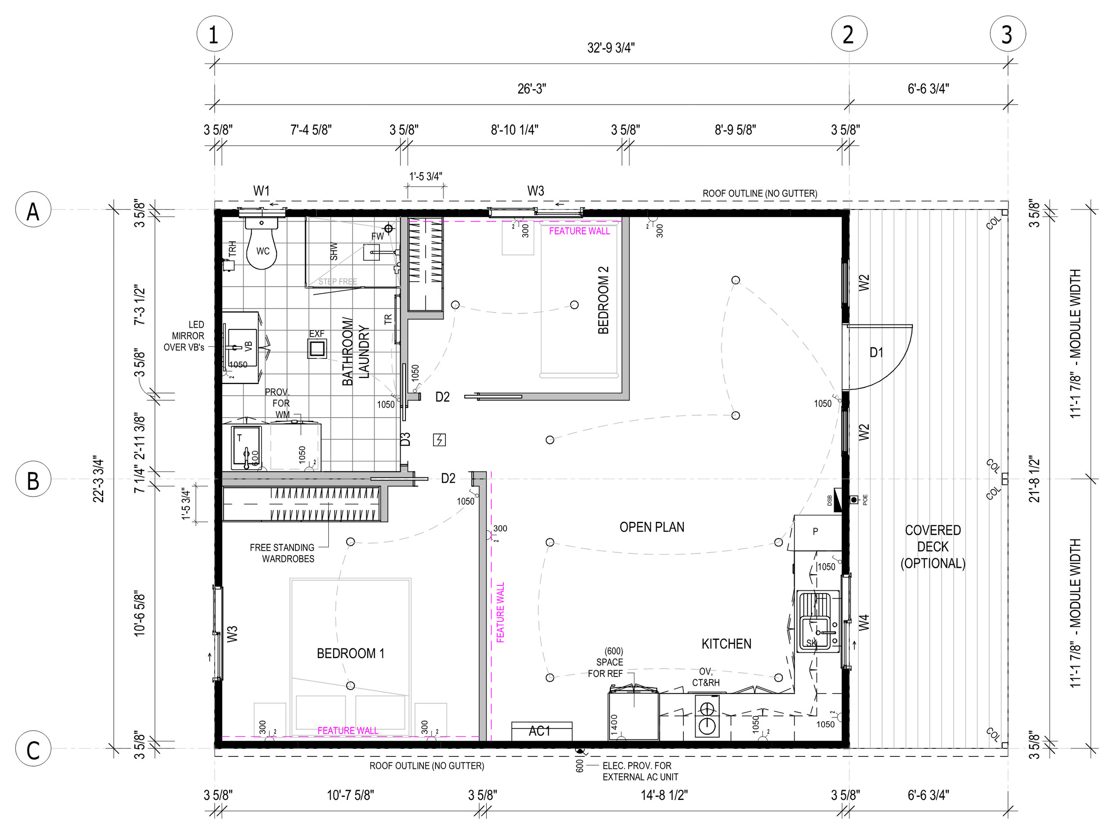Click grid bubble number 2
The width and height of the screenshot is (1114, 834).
click(x=849, y=34)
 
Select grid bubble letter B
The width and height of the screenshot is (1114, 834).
click(x=33, y=479)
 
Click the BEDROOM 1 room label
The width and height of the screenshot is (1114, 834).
click(x=351, y=653)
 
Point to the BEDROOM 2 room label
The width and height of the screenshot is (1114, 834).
click(x=603, y=300)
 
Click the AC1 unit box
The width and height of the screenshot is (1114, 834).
click(x=542, y=731)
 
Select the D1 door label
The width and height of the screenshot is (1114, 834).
click(x=876, y=352)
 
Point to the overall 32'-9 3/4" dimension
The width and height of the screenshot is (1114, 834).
click(x=611, y=48)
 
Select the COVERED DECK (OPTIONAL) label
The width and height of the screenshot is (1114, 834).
click(x=933, y=546)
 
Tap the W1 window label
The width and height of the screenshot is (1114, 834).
click(x=261, y=191)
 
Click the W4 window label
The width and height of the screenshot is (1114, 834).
click(x=864, y=623)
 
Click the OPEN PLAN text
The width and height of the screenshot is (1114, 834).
click(x=652, y=527)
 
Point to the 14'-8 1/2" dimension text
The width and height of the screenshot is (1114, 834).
click(x=664, y=795)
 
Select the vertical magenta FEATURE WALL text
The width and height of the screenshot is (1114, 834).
click(x=500, y=612)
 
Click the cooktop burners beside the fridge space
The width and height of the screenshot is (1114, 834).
click(x=707, y=716)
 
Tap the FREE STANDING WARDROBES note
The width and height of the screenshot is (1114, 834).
click(x=282, y=553)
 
